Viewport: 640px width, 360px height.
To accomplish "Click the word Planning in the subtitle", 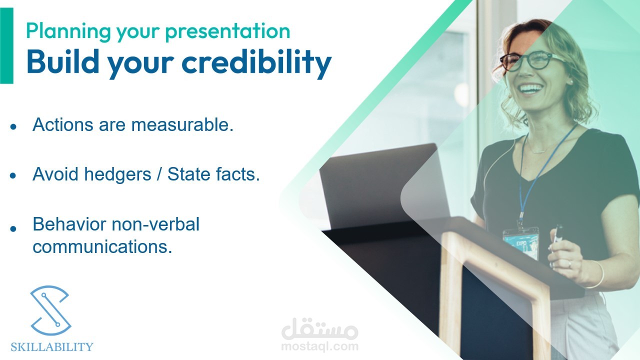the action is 68,31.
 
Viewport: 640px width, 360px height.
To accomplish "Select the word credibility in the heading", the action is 256,63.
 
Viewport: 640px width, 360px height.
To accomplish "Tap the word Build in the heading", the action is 63,61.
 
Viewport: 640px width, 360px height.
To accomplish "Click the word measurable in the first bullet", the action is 182,125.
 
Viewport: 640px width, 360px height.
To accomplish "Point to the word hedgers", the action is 117,174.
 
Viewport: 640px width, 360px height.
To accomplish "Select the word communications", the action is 102,246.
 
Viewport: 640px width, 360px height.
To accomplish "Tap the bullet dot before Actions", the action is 13,126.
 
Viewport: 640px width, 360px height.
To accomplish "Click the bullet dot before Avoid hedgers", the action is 13,175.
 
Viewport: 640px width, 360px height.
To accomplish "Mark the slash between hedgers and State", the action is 159,174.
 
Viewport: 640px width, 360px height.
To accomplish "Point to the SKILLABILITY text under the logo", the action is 52,347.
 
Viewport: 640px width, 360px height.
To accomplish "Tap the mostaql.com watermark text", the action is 320,346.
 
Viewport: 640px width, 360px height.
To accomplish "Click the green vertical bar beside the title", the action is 6,45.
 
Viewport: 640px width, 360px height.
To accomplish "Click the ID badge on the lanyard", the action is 521,243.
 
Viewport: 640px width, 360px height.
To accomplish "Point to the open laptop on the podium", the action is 383,185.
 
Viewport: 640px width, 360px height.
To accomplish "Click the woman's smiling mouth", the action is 531,88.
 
